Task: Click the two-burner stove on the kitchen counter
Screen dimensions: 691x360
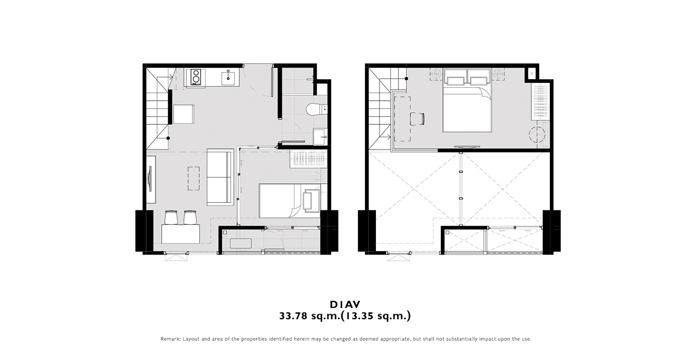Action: [196, 77]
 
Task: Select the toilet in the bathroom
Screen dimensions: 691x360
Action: [317, 109]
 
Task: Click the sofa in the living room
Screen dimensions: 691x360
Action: [220, 177]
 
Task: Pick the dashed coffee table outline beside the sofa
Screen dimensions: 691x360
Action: [194, 178]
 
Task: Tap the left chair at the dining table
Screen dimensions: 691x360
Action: [171, 218]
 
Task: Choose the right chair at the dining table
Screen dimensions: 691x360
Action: [190, 218]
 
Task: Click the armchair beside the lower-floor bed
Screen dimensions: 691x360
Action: [311, 200]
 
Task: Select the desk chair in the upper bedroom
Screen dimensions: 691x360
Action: [418, 119]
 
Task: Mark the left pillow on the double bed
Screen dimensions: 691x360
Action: [455, 81]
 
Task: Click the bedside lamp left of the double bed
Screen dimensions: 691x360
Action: [436, 74]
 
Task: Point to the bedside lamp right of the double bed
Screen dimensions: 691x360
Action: [497, 74]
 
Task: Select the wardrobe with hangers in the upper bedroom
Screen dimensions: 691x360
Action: [540, 102]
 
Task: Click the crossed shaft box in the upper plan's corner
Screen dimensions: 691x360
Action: [531, 74]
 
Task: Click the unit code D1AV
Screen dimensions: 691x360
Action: [345, 304]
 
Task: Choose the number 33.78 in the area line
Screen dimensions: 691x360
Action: [293, 316]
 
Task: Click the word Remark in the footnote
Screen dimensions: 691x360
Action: [170, 339]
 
